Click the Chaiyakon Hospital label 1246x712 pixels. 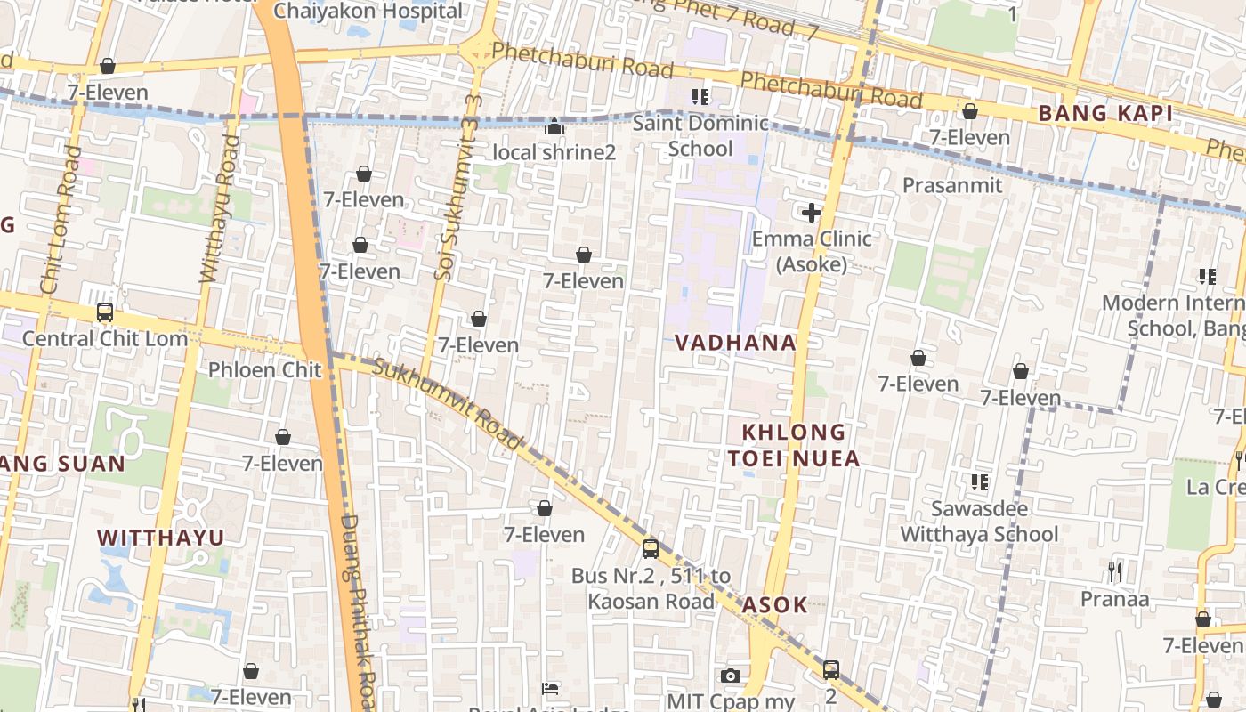click(368, 12)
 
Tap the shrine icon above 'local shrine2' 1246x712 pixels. click(554, 127)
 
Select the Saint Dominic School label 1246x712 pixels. click(700, 135)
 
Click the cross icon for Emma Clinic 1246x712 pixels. click(811, 213)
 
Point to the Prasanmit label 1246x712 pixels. click(952, 185)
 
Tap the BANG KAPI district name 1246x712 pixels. click(1104, 114)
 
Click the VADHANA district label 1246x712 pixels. click(735, 343)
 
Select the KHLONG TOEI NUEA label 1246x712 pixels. click(795, 446)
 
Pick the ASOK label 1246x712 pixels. click(775, 605)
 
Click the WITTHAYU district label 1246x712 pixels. click(161, 538)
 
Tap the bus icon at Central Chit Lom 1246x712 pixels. click(105, 312)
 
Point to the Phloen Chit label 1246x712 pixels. click(264, 369)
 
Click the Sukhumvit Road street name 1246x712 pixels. click(447, 403)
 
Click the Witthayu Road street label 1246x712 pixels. click(219, 209)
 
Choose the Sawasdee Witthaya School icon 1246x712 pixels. click(980, 482)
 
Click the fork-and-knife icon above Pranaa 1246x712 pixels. click(1114, 571)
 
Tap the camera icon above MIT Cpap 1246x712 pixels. click(731, 676)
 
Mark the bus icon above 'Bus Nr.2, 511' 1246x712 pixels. click(651, 548)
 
